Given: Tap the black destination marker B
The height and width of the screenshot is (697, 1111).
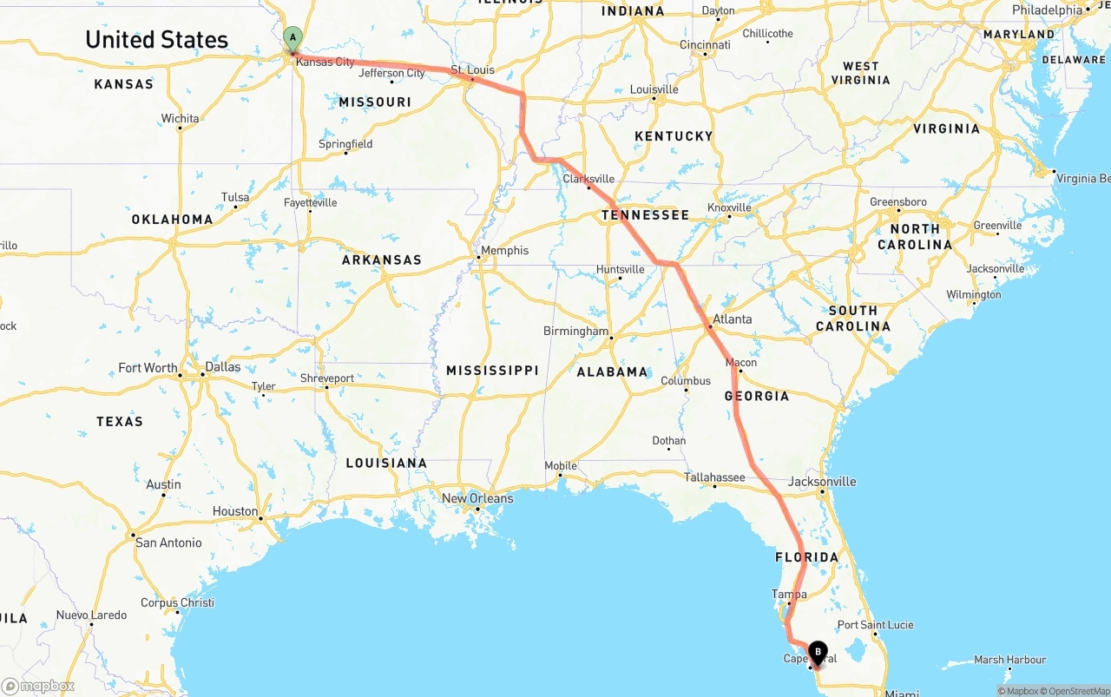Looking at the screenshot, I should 818,652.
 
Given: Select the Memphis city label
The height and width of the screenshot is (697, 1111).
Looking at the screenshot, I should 504,250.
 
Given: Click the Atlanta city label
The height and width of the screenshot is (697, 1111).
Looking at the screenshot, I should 732,319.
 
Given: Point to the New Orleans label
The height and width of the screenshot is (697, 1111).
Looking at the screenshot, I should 477,498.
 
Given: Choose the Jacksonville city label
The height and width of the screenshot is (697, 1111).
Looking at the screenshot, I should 822,481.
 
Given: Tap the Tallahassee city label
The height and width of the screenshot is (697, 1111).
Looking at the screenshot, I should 714,477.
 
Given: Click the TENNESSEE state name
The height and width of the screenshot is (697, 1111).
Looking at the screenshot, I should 646,214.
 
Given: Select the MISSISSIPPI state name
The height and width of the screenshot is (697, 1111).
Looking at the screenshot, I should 492,370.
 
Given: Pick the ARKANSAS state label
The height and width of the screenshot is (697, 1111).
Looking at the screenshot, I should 381,260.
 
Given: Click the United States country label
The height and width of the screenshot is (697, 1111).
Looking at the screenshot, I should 156,39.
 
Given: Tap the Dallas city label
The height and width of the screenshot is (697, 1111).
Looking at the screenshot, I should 223,366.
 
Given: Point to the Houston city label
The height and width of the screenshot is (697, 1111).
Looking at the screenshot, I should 235,511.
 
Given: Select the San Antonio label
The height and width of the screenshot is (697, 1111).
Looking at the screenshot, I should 168,542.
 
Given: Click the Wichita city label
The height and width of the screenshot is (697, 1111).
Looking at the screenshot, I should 180,118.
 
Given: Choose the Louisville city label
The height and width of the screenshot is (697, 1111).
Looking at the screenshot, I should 654,89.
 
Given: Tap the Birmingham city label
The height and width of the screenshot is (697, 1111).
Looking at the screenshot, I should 575,331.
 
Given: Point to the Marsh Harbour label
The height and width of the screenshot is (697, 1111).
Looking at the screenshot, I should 1009,660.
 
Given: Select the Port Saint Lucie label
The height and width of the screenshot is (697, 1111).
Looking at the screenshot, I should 875,625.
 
